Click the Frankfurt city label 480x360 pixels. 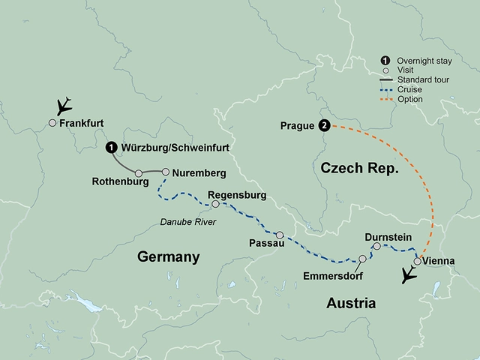coord(81,123)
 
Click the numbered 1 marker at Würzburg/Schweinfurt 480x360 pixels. coord(111,148)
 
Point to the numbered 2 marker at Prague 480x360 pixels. coord(324,125)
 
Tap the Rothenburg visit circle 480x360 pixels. coord(139,173)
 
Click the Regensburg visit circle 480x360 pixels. coord(215,204)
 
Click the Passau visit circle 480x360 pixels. coord(280,235)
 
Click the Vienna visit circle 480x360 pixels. coord(417,262)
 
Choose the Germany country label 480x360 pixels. coord(169,257)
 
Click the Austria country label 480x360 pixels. coord(351,302)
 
